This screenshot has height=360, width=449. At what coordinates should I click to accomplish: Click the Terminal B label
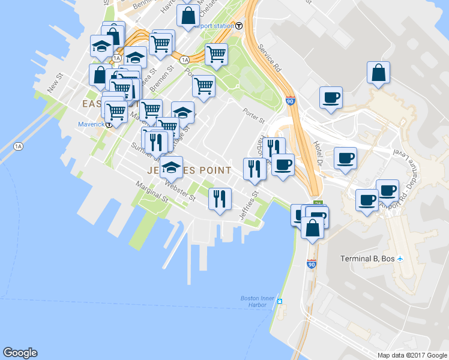point(366,259)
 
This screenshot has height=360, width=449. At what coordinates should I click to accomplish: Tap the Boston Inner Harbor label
point(257,301)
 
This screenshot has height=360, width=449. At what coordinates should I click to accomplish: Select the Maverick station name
point(91,125)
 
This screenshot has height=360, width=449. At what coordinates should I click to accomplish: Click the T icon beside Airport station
point(239,26)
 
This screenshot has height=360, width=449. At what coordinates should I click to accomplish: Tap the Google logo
point(20,353)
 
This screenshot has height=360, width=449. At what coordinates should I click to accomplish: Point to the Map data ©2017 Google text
point(412,355)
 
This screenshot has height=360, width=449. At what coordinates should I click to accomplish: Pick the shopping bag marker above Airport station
point(188,17)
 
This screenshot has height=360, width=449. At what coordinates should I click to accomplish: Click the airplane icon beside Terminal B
point(400,259)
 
